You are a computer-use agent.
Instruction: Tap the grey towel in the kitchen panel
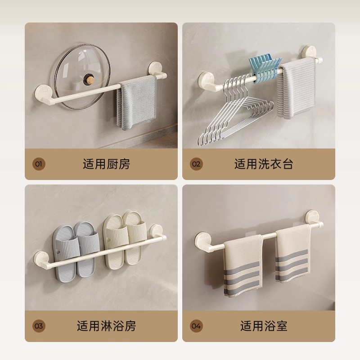coord(137,103)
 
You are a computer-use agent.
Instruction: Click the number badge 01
coord(39,164)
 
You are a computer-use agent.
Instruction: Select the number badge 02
coord(196,164)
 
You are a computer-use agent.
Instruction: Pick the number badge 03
coord(39,326)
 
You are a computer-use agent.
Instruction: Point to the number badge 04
coord(196,326)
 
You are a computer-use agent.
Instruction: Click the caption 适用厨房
coord(107,164)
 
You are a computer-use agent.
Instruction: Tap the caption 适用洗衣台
coord(264,164)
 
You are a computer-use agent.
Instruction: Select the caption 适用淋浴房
coord(107,326)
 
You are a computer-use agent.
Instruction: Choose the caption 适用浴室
coord(264,326)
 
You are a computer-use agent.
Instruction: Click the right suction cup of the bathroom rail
coord(312,216)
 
